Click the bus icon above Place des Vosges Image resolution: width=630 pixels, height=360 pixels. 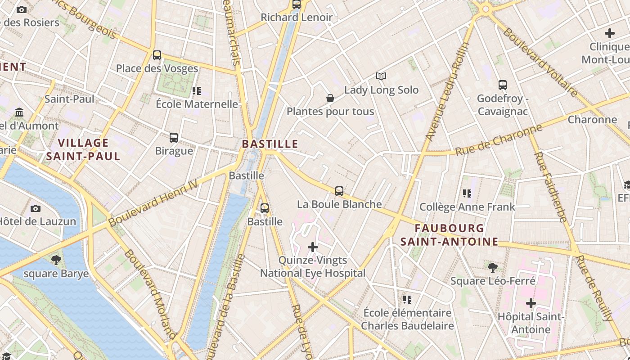157,55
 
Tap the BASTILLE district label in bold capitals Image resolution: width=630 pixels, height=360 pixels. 270,144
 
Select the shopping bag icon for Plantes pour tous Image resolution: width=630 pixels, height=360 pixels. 330,98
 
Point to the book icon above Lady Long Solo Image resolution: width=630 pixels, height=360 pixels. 381,76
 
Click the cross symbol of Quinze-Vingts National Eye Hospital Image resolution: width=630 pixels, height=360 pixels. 313,247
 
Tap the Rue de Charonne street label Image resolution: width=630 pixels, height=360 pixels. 499,140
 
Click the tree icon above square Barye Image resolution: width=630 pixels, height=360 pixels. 56,260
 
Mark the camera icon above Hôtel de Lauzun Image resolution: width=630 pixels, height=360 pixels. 36,208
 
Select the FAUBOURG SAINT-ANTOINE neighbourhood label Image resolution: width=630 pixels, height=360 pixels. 449,235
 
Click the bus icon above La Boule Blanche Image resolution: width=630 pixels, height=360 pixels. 339,191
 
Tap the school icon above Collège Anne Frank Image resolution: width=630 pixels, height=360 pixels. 467,193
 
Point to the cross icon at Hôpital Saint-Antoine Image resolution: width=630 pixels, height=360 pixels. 531,303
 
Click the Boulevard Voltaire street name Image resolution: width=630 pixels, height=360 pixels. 540,62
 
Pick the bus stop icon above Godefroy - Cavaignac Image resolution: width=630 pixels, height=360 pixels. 503,85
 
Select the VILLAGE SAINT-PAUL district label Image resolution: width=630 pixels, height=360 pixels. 83,149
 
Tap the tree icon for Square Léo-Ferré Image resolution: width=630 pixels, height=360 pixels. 493,268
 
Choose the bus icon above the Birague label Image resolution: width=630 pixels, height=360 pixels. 174,138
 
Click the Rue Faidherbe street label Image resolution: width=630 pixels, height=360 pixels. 550,187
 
